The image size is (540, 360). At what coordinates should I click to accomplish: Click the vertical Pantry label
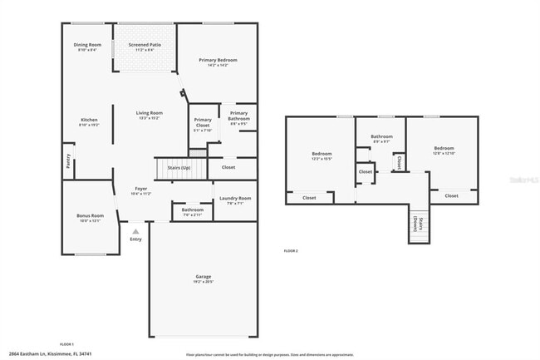coord(68,160)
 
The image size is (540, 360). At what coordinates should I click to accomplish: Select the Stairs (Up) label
coord(179,167)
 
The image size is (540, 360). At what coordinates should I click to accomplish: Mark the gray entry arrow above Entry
coord(136,230)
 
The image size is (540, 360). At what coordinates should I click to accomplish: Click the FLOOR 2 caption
coord(290,250)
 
